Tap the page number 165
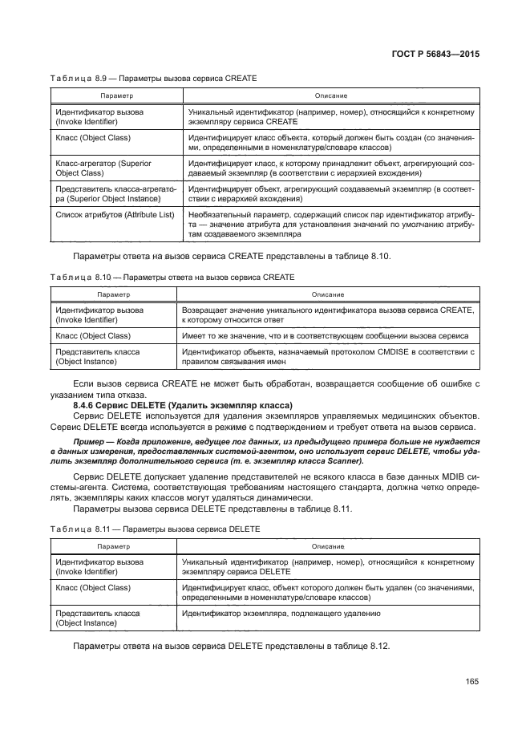[471, 682]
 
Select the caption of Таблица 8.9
[155, 79]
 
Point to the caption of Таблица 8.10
[174, 277]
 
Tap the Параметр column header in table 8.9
[115, 95]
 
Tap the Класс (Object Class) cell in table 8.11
[92, 588]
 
